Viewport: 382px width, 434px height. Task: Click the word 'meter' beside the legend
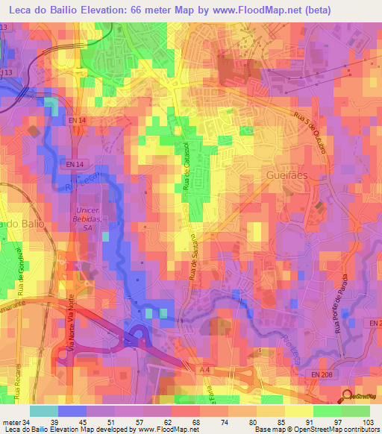click(12, 422)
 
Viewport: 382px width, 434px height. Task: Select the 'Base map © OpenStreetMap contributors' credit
click(316, 430)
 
